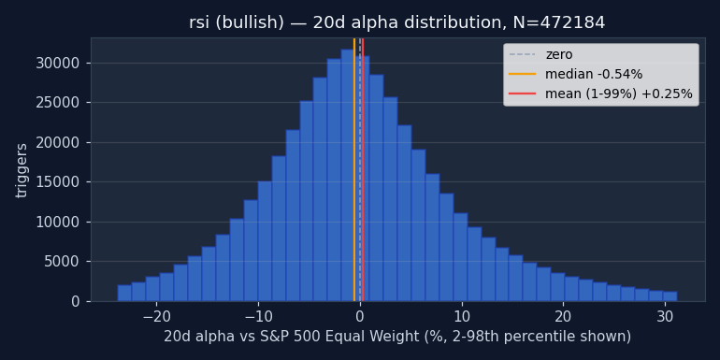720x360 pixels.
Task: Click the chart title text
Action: tap(396, 22)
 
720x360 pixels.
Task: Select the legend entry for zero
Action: tap(540, 54)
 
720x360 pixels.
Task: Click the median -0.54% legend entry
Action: tap(576, 74)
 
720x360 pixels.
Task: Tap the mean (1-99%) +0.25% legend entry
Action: tap(600, 94)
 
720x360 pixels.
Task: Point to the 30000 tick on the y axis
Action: tap(58, 64)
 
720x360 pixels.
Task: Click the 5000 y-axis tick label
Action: tap(62, 262)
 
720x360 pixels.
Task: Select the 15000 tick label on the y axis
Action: tap(58, 182)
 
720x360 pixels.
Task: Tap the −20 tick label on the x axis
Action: tap(156, 317)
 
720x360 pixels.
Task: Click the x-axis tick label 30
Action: tap(665, 317)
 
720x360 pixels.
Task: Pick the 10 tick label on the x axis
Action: tap(462, 317)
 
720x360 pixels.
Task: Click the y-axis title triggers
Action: tap(22, 171)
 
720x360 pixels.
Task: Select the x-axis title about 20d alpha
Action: tap(397, 337)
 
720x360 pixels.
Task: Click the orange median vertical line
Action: tap(354, 169)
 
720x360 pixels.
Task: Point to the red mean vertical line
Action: tap(363, 169)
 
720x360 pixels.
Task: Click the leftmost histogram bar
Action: tap(124, 293)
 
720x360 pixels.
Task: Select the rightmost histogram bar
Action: tap(670, 296)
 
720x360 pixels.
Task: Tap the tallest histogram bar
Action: tap(348, 176)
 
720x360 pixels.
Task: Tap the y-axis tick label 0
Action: tap(76, 302)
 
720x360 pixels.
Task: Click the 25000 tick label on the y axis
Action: tap(58, 103)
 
